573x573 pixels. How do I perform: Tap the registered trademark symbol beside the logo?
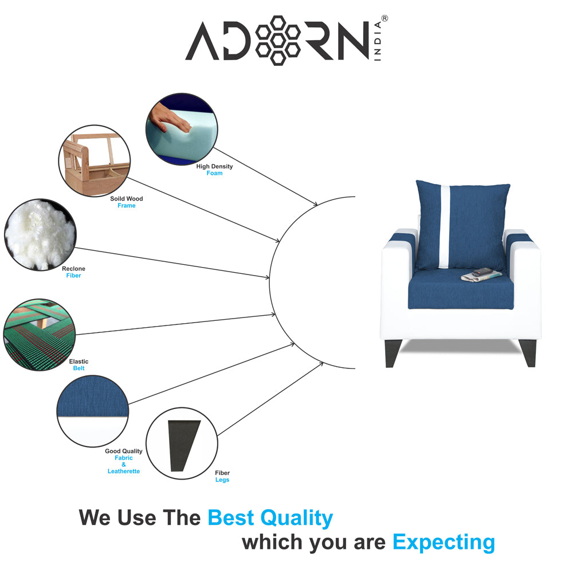[x=384, y=18]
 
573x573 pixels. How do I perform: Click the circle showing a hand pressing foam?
[x=182, y=129]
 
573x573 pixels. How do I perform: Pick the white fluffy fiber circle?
[x=39, y=235]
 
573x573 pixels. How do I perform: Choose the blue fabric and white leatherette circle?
[x=92, y=411]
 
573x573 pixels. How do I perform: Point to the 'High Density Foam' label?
[x=214, y=170]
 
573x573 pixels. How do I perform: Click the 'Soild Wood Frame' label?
[x=126, y=202]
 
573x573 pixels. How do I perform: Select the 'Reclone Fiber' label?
[x=73, y=272]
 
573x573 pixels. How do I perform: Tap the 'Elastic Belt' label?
[x=79, y=365]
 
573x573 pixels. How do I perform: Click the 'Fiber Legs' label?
[x=222, y=476]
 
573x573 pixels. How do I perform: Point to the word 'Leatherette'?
[x=124, y=471]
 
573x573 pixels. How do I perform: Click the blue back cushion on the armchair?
[x=461, y=225]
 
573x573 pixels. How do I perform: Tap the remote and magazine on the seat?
[x=477, y=275]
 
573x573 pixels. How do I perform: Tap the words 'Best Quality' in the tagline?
[x=270, y=517]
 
